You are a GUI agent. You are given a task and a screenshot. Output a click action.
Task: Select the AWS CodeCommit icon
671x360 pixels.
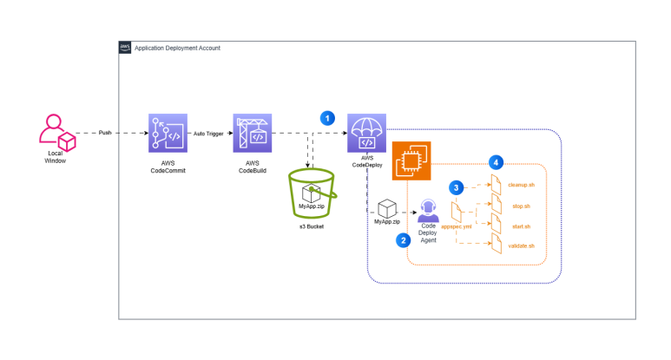(168, 133)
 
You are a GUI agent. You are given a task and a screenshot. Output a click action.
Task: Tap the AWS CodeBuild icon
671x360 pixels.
(253, 133)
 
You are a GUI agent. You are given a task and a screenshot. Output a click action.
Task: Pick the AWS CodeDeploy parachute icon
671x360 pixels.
(366, 133)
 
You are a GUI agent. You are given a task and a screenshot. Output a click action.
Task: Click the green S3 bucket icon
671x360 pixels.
(312, 193)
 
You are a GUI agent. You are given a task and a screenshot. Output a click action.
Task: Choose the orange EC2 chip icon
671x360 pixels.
(411, 160)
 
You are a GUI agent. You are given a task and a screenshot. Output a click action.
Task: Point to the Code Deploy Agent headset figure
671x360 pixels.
(428, 210)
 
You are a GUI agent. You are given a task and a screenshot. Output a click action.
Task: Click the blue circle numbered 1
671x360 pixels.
(327, 118)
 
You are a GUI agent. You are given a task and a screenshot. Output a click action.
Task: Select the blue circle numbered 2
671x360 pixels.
(403, 240)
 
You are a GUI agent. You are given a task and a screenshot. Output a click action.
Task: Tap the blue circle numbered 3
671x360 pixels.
(457, 187)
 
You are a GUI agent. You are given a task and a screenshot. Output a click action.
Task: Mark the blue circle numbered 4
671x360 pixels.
(496, 162)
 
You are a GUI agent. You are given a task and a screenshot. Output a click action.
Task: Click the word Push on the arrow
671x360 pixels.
(105, 133)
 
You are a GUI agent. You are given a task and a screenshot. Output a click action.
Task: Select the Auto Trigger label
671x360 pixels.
(208, 134)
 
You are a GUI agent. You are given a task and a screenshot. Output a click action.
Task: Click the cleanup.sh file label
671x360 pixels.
(521, 185)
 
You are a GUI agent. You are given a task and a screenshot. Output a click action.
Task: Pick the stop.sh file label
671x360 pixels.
(521, 206)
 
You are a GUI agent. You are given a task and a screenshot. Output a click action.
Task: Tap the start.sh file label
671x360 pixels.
(521, 226)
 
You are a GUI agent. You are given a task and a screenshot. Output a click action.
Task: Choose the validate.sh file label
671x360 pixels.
(521, 245)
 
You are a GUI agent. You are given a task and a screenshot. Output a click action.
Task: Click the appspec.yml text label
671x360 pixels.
(457, 226)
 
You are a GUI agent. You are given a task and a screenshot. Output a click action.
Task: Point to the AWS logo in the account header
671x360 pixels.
(125, 48)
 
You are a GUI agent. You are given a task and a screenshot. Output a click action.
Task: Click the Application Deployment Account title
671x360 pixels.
(177, 48)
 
